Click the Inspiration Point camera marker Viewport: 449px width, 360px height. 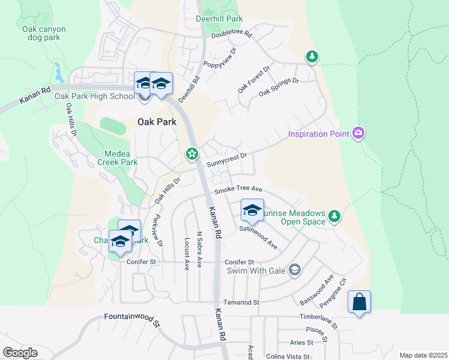tap(359, 133)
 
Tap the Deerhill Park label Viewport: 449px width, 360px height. tap(218, 19)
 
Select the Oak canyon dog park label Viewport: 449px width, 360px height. tap(44, 33)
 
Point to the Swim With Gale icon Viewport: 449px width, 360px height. tap(294, 270)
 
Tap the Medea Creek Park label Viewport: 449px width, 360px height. tap(117, 157)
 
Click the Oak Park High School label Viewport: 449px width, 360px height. tap(94, 96)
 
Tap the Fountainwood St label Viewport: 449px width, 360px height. tap(133, 319)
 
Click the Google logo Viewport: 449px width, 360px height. tap(20, 353)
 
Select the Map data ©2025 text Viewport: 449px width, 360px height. tap(423, 355)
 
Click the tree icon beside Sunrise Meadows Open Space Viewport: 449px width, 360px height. tap(334, 216)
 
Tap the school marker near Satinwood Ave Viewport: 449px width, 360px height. tap(252, 211)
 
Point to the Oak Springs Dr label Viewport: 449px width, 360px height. tap(279, 87)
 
